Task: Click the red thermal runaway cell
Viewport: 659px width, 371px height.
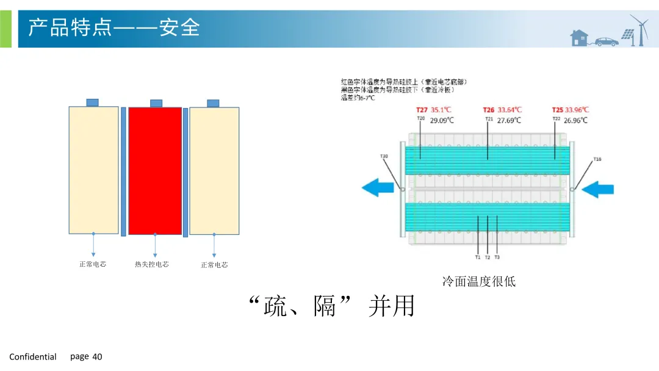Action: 155,170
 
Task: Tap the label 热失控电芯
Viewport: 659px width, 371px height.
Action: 152,264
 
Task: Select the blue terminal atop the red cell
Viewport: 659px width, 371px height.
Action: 156,103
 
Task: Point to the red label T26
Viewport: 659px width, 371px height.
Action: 489,110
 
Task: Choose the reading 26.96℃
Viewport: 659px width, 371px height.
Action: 575,121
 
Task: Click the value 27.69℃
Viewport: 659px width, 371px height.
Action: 510,121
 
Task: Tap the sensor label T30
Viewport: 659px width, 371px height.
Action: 384,157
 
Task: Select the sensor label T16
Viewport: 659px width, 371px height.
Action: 597,159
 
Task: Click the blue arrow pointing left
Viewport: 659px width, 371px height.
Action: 378,187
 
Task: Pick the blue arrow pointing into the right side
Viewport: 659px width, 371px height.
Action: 597,190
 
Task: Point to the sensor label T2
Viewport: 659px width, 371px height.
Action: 488,258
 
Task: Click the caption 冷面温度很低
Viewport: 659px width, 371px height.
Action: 479,281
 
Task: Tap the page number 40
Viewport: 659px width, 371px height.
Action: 98,357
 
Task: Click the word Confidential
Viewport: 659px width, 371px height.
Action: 33,357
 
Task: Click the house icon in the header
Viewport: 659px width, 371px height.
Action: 579,38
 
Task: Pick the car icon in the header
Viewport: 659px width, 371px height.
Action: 607,41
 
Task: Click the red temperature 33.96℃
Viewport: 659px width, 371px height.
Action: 577,110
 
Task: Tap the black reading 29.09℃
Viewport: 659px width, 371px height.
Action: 442,121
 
